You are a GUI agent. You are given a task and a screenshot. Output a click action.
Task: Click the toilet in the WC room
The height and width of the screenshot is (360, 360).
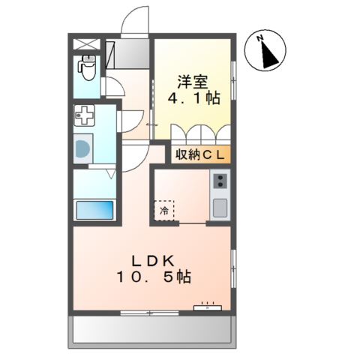click(x=86, y=67)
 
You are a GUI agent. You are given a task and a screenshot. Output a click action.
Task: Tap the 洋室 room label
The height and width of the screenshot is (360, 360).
click(x=193, y=82)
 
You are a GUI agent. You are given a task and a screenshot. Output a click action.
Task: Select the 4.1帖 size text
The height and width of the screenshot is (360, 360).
click(x=193, y=98)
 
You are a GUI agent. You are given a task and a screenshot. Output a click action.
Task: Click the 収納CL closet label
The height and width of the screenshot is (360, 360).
click(x=200, y=155)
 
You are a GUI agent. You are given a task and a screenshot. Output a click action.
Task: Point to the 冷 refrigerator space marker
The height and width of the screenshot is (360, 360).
click(x=164, y=211)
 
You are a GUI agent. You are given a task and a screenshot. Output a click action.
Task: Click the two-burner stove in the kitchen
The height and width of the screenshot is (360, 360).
click(x=220, y=181)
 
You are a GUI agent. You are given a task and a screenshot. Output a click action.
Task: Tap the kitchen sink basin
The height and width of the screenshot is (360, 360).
click(x=220, y=208)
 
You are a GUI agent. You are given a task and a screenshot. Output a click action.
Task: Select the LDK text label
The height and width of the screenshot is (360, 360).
click(x=153, y=262)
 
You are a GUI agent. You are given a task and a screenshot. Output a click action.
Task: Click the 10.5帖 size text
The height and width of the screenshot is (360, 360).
click(x=154, y=277)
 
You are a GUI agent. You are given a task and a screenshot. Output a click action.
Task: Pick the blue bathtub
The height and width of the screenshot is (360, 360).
click(x=94, y=210)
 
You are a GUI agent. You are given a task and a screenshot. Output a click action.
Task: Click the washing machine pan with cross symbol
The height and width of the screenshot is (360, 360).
click(x=84, y=115)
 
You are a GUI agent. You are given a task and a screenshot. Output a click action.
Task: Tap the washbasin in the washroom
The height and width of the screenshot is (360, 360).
click(x=83, y=149)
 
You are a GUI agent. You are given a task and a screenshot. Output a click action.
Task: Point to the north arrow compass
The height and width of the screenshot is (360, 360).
click(x=265, y=51)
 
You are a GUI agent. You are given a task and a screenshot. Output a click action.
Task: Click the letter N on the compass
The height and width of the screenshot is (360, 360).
click(x=260, y=38)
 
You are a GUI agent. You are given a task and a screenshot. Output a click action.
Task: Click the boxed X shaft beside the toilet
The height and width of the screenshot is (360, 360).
click(x=86, y=44)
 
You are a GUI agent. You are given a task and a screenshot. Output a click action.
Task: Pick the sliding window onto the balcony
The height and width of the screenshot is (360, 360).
click(x=149, y=313)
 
